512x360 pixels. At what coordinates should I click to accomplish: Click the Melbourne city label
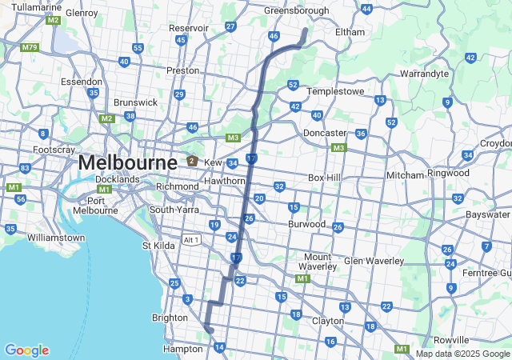[127, 162]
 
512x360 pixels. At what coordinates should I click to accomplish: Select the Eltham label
[349, 32]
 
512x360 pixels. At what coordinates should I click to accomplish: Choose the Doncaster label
[324, 133]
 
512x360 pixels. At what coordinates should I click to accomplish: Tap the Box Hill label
[326, 178]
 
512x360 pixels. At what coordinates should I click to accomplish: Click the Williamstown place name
[55, 238]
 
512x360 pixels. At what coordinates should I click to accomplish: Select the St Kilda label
[158, 246]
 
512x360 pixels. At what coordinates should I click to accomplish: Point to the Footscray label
[54, 150]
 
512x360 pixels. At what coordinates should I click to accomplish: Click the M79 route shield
[30, 47]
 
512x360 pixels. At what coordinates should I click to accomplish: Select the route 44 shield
[366, 9]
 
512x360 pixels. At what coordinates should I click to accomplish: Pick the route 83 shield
[25, 168]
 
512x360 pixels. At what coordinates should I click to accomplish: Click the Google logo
[26, 350]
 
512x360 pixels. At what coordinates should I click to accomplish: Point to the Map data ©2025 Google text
[462, 354]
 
